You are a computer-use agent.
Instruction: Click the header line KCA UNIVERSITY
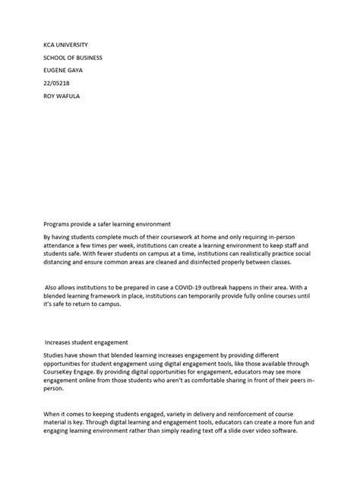65,43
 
